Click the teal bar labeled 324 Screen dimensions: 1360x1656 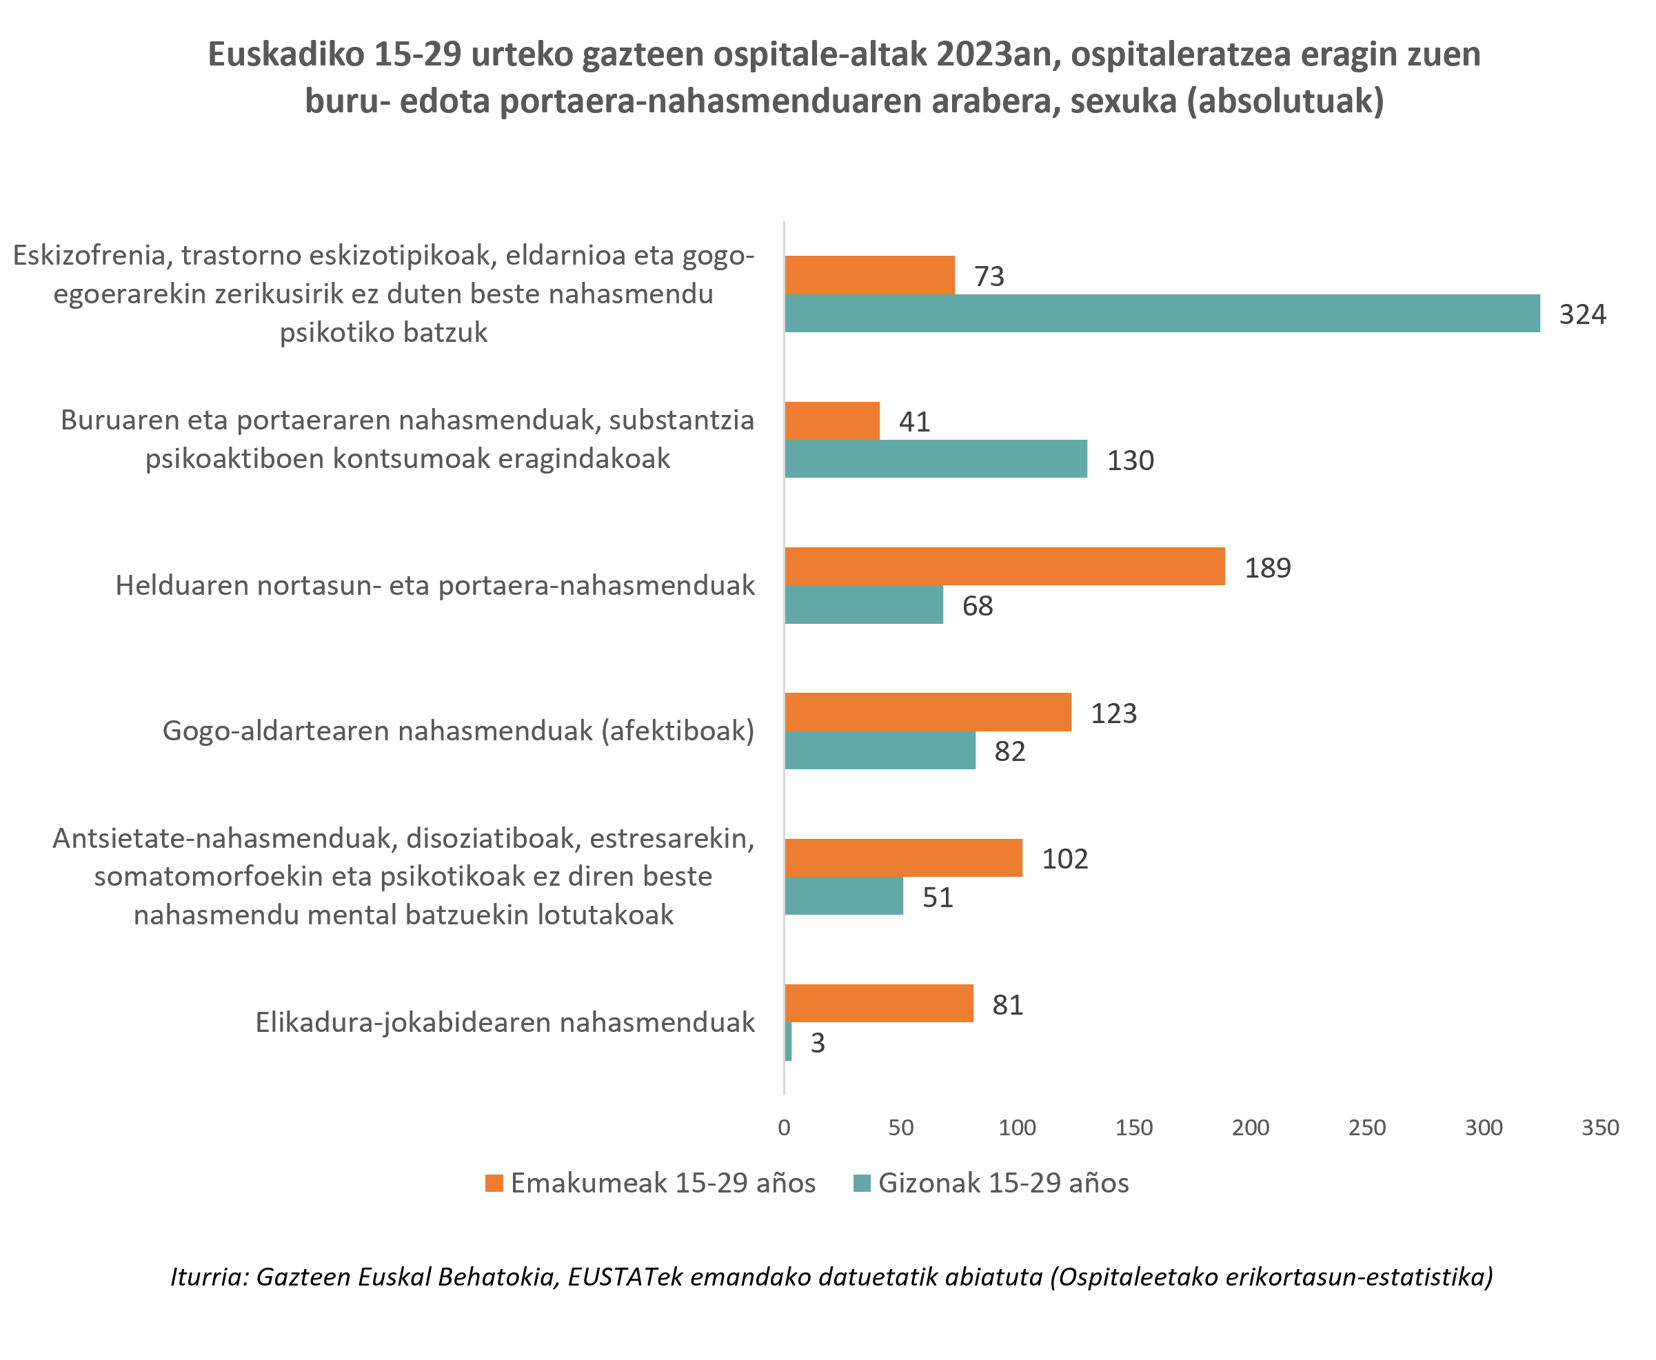pyautogui.click(x=1161, y=314)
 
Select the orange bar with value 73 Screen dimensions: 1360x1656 pyautogui.click(x=869, y=275)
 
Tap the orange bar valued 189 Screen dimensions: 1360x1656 pyautogui.click(x=1004, y=567)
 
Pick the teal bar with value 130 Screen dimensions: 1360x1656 pyautogui.click(x=936, y=459)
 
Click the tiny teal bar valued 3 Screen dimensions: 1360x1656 pyautogui.click(x=788, y=1042)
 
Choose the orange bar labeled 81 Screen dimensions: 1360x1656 pyautogui.click(x=878, y=1004)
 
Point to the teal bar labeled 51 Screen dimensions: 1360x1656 pyautogui.click(x=844, y=896)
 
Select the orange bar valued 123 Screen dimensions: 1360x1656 pyautogui.click(x=927, y=712)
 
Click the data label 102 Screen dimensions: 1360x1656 pyautogui.click(x=1064, y=859)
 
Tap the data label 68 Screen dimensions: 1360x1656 pyautogui.click(x=977, y=606)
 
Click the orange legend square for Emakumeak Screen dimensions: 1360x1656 pyautogui.click(x=494, y=1183)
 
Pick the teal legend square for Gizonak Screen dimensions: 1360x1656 pyautogui.click(x=861, y=1183)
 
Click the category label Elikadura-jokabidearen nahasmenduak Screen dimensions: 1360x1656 pyautogui.click(x=505, y=1022)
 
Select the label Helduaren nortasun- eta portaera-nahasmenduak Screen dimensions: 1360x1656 pyautogui.click(x=435, y=585)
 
